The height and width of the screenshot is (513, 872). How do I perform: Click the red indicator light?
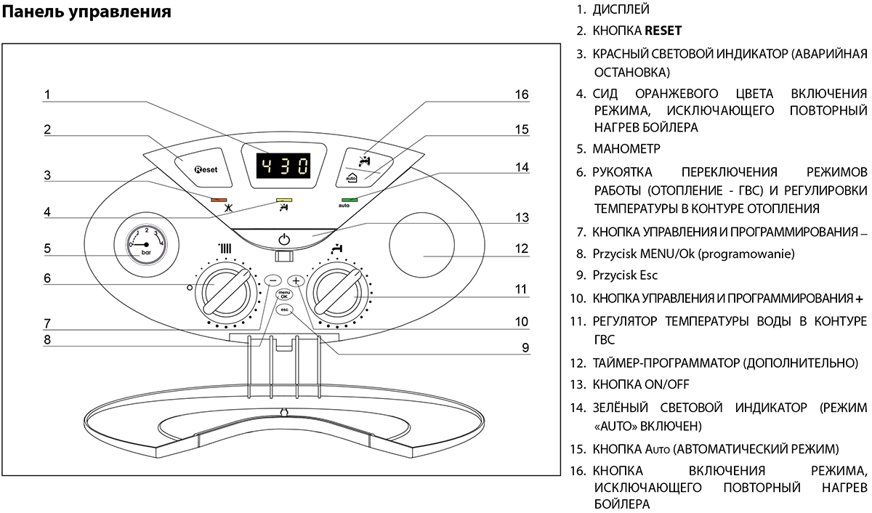tap(217, 198)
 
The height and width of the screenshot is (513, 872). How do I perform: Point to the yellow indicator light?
tap(283, 199)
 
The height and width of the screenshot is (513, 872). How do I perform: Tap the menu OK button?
tap(283, 294)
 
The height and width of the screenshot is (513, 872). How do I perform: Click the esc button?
tap(283, 310)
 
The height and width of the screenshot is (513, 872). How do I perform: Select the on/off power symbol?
tap(284, 239)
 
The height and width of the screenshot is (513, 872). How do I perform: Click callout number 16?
tap(522, 94)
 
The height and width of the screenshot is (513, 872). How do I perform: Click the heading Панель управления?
tap(87, 12)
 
